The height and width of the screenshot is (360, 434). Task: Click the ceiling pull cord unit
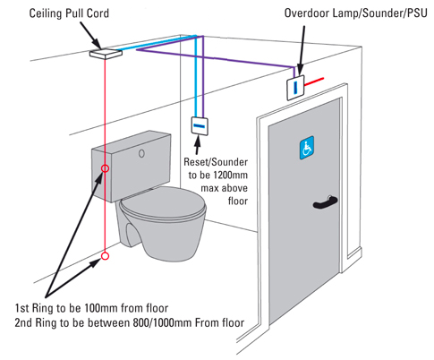(x=106, y=54)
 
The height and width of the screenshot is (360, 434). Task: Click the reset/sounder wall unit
(x=200, y=126)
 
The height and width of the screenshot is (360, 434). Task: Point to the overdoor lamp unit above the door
(x=295, y=87)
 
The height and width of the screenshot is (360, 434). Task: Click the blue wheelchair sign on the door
(x=307, y=148)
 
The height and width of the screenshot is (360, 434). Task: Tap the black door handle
(x=325, y=202)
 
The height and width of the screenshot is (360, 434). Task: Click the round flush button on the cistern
(x=141, y=153)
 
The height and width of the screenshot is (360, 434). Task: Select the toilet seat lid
(x=164, y=204)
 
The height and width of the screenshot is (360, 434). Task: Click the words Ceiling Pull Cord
(x=69, y=13)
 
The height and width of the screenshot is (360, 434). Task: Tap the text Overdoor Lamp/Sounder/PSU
(x=355, y=13)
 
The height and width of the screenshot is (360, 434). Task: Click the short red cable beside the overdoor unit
(x=314, y=81)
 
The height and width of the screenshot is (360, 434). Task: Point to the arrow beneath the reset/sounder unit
(x=197, y=145)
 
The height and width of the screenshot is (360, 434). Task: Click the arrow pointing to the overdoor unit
(x=302, y=49)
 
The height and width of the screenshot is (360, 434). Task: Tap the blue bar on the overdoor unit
(x=295, y=87)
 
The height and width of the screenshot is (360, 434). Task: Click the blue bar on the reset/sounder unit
(x=200, y=125)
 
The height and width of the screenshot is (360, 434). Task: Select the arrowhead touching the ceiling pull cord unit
(x=98, y=44)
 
